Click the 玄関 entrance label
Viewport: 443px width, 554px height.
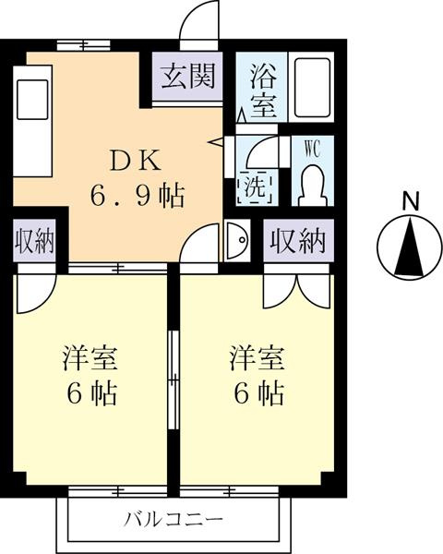coord(188,77)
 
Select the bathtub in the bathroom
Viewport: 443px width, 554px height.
coord(312,88)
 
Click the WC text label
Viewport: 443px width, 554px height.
coord(313,149)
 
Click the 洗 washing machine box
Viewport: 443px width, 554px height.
coord(255,187)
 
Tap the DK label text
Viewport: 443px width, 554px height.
coord(136,161)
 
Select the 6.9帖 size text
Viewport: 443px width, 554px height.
coord(138,196)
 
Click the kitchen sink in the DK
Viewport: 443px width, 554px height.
coord(32,100)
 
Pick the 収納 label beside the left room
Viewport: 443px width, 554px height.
coord(34,241)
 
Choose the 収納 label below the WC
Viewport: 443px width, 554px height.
coord(298,241)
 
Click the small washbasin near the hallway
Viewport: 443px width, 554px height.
coord(237,240)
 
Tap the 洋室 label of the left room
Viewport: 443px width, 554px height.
coord(90,358)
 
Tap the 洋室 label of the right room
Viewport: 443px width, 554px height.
coord(257,358)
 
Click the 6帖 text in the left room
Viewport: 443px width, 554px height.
coord(92,393)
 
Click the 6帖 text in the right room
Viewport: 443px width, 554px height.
coord(259,393)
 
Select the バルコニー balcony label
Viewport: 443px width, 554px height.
coord(174,520)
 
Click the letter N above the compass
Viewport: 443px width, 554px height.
coord(410,201)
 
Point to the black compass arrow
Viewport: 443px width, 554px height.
coord(409,247)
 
